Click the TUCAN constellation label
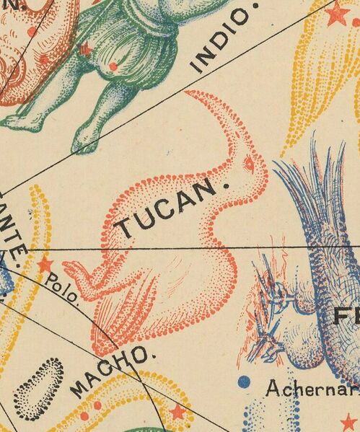coord(166,210)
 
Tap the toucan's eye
coord(249,164)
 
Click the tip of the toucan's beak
coord(189,94)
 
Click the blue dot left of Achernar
coord(243,381)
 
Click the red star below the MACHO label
coord(175,414)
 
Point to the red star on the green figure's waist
coord(84,49)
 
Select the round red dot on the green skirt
coord(112,67)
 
